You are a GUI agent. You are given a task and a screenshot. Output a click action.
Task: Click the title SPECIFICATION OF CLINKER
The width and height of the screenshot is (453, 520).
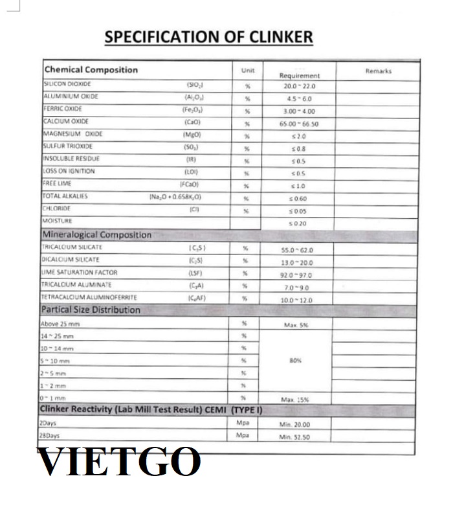pos(208,37)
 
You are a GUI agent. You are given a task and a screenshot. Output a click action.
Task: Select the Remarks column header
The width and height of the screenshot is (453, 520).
pos(378,71)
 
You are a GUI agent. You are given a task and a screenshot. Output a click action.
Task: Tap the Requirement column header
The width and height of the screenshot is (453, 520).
pos(300,75)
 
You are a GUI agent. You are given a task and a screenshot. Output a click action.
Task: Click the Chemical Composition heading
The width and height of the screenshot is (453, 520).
pos(91,70)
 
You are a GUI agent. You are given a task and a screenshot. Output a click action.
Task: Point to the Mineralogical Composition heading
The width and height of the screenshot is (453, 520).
pos(96,235)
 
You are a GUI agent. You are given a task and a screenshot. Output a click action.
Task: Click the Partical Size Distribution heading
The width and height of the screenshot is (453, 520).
pos(91,310)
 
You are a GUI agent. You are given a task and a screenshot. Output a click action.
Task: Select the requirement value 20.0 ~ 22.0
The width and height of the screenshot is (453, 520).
pos(299,86)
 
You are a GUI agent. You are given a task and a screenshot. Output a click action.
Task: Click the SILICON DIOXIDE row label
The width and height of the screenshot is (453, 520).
pos(67,84)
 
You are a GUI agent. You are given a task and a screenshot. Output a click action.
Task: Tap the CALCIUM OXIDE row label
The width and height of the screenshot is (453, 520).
pos(66,122)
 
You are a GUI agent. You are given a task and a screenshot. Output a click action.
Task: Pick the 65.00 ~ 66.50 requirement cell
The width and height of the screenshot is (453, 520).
pos(299,123)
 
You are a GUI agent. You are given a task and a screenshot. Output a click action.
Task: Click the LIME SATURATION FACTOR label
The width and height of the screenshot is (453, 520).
pos(80,273)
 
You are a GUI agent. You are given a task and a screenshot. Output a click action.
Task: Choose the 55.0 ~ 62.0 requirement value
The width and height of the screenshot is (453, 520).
pos(299,249)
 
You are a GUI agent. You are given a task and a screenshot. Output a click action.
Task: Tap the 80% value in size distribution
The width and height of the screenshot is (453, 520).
pos(297,360)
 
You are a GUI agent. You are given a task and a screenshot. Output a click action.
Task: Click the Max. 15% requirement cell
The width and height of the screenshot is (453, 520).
pos(297,400)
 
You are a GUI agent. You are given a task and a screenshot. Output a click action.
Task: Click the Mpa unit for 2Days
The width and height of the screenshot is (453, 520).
pos(243,424)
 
